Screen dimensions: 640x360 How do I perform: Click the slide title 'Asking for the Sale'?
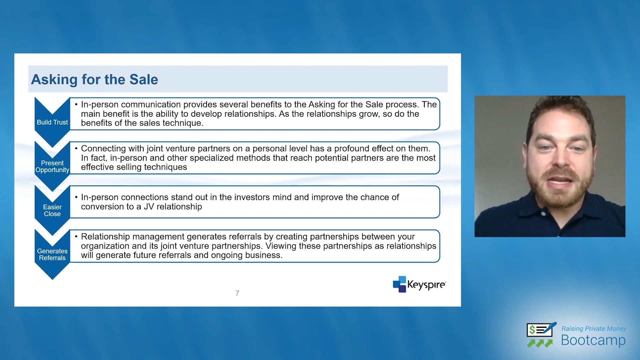click(x=94, y=80)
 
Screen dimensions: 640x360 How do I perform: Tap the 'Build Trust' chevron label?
click(x=52, y=122)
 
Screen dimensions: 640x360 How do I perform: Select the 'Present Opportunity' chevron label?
click(x=52, y=166)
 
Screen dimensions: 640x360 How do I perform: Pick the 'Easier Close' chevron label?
click(x=52, y=210)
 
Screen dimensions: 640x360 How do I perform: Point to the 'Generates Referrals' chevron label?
click(x=52, y=254)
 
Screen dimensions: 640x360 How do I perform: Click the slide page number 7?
click(x=237, y=293)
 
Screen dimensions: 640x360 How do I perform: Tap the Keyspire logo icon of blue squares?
click(x=399, y=284)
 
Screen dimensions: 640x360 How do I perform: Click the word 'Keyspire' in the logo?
click(x=426, y=285)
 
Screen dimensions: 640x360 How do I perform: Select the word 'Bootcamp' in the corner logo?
click(x=593, y=340)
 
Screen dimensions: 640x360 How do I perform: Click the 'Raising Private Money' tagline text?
click(x=594, y=329)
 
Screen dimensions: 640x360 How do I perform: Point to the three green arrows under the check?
click(x=540, y=343)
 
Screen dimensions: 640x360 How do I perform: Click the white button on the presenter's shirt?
click(x=544, y=214)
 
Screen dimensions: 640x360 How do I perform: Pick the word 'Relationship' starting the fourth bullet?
click(x=105, y=237)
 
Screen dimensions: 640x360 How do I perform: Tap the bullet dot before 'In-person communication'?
click(x=76, y=104)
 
